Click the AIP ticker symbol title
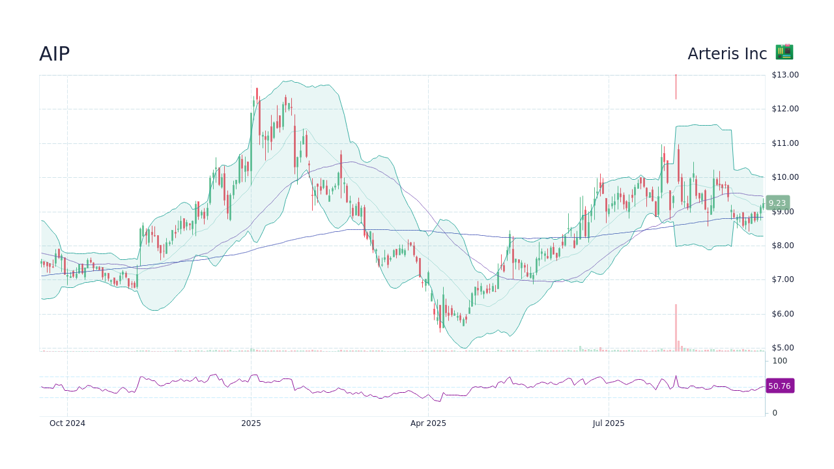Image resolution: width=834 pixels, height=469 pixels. tap(54, 54)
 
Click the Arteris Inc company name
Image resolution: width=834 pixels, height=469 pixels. tap(727, 54)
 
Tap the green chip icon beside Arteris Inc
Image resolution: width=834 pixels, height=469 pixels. tap(784, 52)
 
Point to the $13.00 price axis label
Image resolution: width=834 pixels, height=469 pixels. tap(784, 75)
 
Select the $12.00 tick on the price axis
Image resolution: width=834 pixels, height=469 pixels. tap(784, 109)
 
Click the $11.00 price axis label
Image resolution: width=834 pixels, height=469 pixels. tap(784, 143)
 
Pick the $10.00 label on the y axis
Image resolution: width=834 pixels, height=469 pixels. tap(784, 177)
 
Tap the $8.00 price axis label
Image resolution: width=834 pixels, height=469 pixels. tap(784, 246)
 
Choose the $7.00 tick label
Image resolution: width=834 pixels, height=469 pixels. tap(784, 279)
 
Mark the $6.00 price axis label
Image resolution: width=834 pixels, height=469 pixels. tap(784, 314)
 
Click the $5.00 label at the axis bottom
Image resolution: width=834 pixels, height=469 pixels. tap(784, 348)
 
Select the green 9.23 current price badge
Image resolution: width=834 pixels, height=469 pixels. tap(777, 203)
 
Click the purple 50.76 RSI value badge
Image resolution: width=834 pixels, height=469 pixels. tap(779, 386)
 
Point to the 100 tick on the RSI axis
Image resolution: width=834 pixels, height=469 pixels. tap(779, 361)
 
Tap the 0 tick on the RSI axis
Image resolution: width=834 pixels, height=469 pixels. tap(775, 413)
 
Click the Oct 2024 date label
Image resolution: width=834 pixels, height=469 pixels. tap(67, 423)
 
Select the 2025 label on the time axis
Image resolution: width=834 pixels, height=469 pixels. tap(251, 423)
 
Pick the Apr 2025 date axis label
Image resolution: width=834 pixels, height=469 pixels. tap(428, 423)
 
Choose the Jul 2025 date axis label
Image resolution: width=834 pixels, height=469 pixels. tap(609, 423)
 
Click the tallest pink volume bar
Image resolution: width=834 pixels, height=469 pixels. tap(676, 328)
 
